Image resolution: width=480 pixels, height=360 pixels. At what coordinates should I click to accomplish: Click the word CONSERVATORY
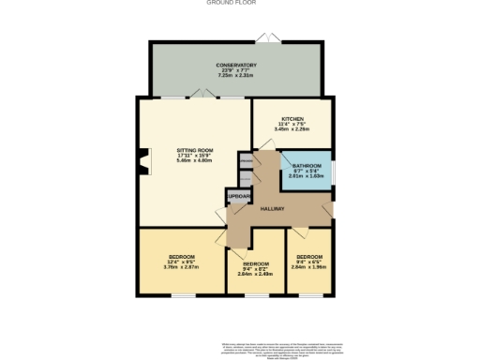point(236,65)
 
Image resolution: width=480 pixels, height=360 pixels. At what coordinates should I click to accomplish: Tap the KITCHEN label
point(292,119)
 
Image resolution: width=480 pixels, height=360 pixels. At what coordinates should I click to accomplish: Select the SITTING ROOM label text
point(195,150)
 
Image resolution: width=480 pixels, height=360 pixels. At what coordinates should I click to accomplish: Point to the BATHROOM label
point(307,164)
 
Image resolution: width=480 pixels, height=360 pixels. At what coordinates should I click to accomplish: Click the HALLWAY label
point(273,209)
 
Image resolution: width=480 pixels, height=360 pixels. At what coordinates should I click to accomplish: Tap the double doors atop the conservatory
point(268,37)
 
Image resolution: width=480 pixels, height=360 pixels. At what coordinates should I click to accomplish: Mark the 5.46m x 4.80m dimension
point(195,161)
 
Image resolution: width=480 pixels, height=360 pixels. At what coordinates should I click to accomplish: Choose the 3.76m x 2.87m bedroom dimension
point(182,268)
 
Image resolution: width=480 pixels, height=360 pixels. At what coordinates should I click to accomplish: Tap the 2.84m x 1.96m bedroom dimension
point(308,268)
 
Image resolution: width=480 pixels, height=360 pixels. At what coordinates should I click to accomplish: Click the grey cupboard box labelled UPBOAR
point(238,196)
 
